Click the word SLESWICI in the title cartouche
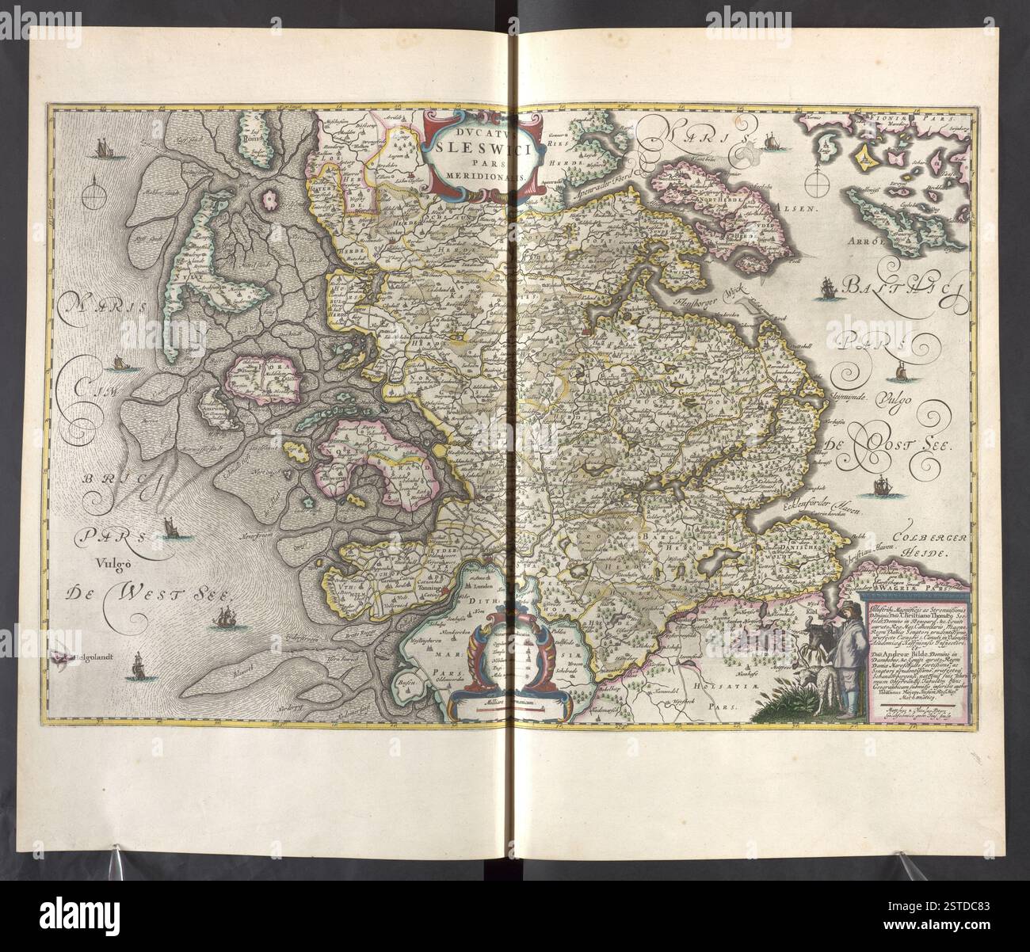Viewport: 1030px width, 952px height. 486,146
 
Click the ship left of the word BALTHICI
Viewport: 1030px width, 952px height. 828,288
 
